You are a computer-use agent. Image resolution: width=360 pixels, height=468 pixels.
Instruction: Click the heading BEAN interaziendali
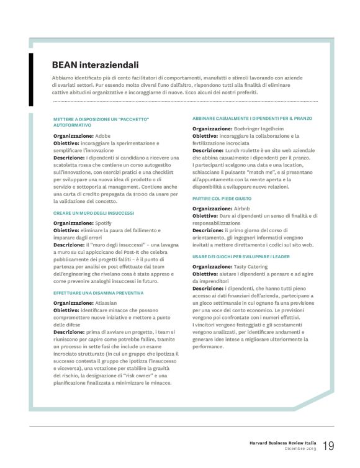pyautogui.click(x=95, y=65)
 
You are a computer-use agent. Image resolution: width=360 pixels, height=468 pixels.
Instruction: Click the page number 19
pyautogui.click(x=328, y=446)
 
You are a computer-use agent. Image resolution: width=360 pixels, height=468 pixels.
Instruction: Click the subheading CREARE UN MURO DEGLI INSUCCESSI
pyautogui.click(x=89, y=213)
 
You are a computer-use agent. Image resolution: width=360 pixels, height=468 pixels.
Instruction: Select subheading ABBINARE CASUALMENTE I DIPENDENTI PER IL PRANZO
pyautogui.click(x=252, y=118)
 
